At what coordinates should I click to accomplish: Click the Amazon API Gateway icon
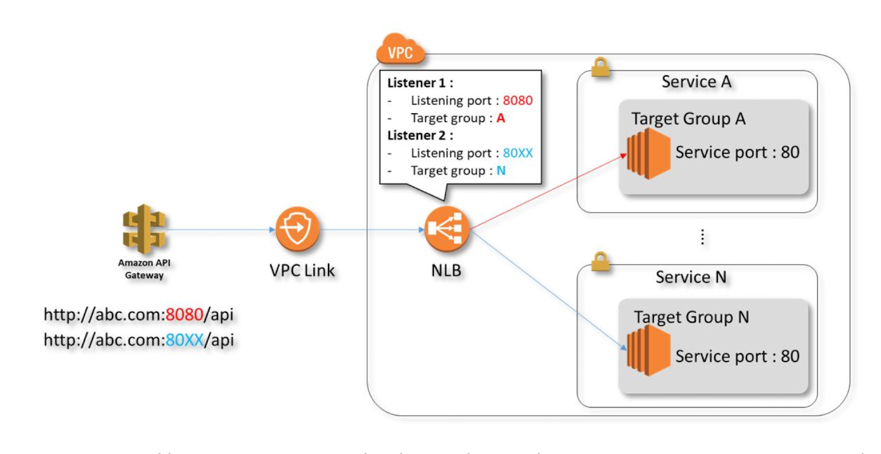coord(144,230)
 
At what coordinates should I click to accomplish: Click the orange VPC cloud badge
coord(401,52)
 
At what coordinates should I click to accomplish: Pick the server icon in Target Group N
coord(648,351)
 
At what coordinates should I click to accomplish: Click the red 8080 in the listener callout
coord(517,101)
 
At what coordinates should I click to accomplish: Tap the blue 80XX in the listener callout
coord(517,153)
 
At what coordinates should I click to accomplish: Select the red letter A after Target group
coord(500,118)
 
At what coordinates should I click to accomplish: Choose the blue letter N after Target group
coord(500,171)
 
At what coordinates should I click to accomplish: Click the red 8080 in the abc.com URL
coord(184,315)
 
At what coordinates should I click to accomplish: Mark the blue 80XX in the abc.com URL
coord(184,341)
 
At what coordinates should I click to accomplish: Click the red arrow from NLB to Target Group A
coord(548,191)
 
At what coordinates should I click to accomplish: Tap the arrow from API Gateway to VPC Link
coord(219,230)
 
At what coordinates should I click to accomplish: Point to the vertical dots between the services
coord(702,237)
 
